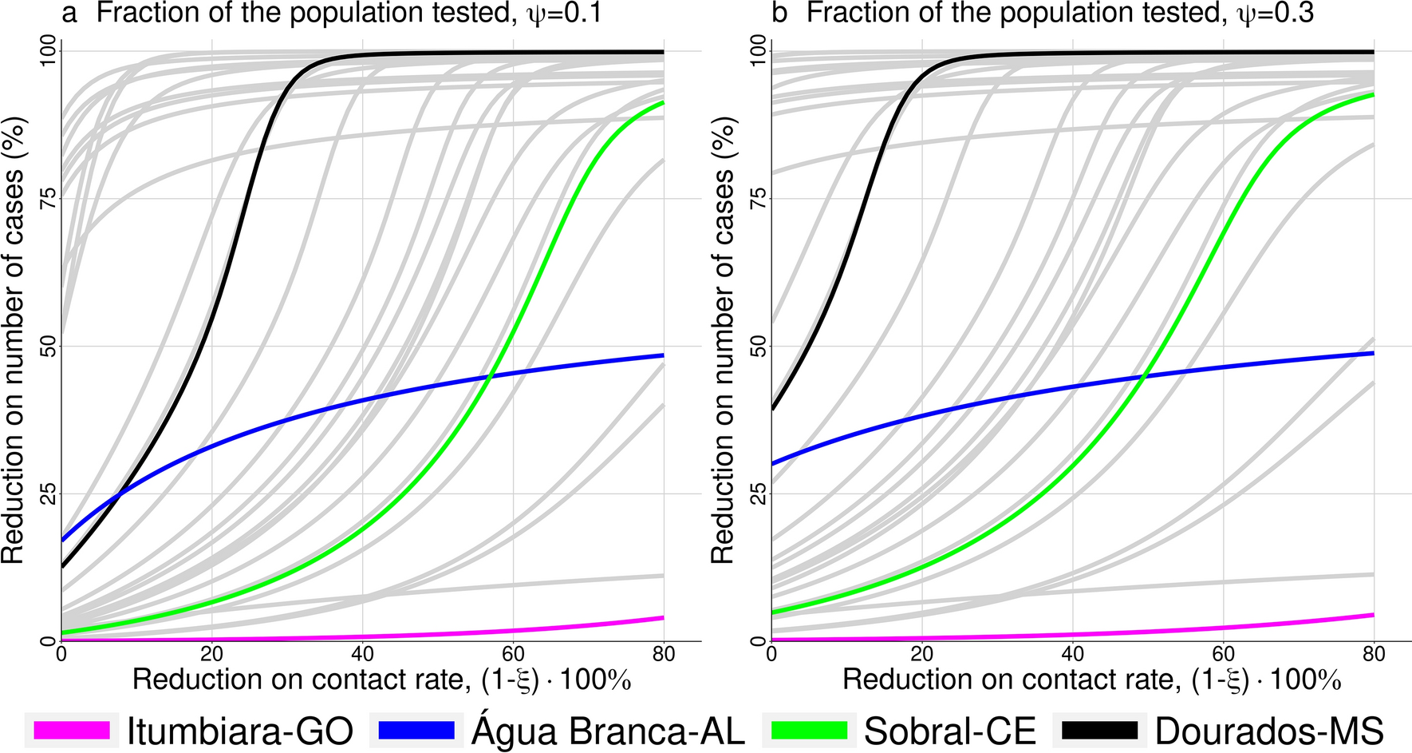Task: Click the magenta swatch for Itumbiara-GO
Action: (72, 730)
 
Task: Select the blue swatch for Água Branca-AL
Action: (416, 730)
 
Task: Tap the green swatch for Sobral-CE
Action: (809, 730)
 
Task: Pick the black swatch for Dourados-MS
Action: (1100, 730)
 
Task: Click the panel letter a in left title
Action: (69, 14)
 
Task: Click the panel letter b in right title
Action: (779, 14)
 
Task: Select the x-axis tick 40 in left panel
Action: (362, 655)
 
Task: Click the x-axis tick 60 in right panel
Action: (1223, 655)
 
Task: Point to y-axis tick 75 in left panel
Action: (49, 198)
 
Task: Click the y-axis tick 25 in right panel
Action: (759, 493)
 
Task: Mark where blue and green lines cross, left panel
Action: (490, 375)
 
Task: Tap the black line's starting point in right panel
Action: (772, 409)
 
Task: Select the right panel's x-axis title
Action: (1091, 680)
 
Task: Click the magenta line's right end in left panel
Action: (663, 617)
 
